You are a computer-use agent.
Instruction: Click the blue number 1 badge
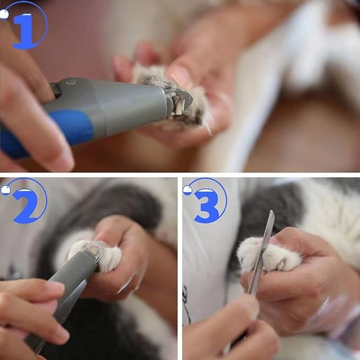(24, 29)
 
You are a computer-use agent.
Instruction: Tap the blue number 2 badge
(25, 204)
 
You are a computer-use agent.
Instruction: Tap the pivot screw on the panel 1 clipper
(71, 83)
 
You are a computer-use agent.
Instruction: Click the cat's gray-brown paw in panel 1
(159, 80)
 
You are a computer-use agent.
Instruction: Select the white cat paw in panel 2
(106, 254)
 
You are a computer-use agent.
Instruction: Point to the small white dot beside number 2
(5, 190)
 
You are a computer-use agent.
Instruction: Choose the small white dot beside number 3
(188, 189)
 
